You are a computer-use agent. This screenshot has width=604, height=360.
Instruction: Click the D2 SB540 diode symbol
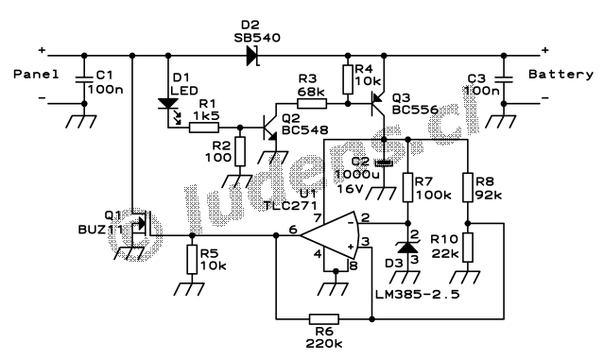(250, 54)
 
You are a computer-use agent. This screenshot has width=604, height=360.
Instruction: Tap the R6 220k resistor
(323, 319)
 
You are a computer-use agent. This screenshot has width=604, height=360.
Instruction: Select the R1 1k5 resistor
(203, 122)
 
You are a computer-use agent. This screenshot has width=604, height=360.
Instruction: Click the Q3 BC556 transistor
(376, 97)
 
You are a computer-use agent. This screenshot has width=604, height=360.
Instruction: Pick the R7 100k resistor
(407, 187)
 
